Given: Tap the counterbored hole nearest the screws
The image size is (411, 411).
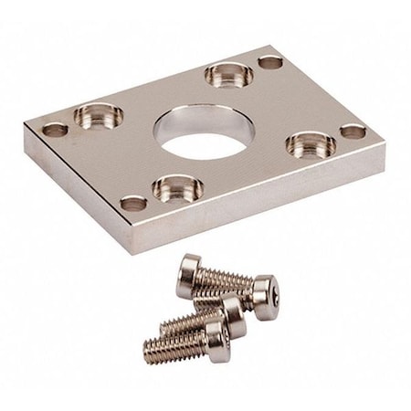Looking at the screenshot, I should (177, 188).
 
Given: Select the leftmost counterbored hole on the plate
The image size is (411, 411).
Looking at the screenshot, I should (98, 115).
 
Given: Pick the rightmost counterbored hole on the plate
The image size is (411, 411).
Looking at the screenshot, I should (311, 142).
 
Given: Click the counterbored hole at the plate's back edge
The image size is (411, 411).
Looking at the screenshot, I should (228, 74).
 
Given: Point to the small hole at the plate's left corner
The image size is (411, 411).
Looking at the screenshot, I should (55, 129).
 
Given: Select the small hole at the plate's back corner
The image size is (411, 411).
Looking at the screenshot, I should (269, 62).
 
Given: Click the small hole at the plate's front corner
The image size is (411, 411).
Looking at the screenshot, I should (133, 203).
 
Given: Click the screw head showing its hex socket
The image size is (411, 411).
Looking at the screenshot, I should (266, 297).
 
